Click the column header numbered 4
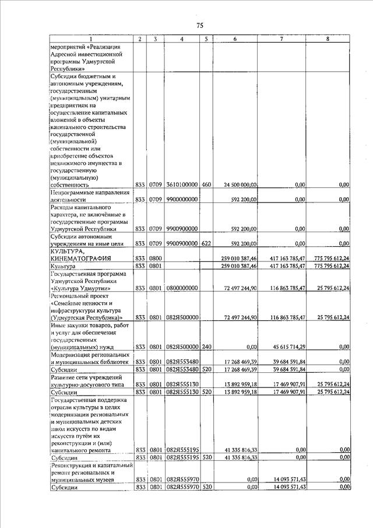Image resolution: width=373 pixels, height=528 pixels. coord(182,39)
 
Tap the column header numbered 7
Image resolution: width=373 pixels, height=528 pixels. coord(281,39)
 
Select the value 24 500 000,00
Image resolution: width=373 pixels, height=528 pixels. coord(241,185)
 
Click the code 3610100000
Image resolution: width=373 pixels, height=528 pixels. coord(182,185)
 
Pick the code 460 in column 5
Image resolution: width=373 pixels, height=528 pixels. coord(206,185)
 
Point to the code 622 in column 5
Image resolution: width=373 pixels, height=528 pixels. coord(206,243)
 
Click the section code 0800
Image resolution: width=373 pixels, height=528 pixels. coord(154,258)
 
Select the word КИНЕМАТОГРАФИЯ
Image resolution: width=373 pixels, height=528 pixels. coord(82,258)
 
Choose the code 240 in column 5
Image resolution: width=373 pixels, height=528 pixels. coord(206,347)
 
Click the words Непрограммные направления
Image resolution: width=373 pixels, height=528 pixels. coord(89,192)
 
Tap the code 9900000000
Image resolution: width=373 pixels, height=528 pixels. coord(182,200)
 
